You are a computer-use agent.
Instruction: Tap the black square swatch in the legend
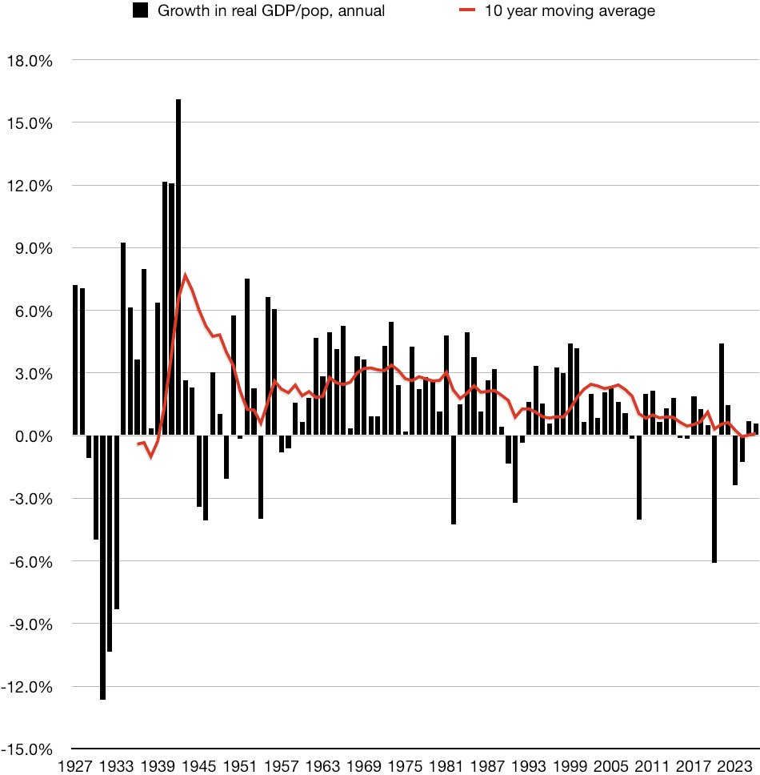click(140, 10)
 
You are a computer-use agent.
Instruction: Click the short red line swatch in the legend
click(469, 10)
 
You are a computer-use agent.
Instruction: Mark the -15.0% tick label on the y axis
click(30, 749)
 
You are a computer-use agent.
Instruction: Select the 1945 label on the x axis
click(200, 765)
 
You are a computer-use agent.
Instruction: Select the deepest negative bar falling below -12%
click(103, 568)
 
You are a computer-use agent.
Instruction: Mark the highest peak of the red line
click(186, 275)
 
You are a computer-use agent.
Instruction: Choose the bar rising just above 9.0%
click(123, 336)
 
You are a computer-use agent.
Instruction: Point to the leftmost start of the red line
click(138, 444)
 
